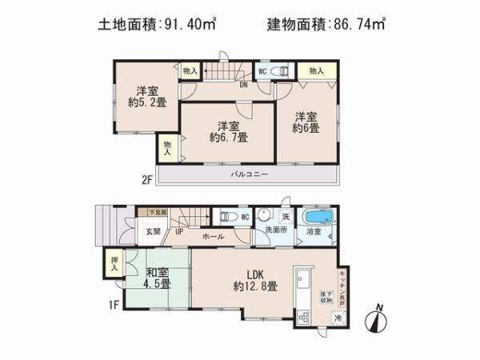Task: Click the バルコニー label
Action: point(250,174)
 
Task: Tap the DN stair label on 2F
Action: point(242,84)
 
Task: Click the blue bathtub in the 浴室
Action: point(316,217)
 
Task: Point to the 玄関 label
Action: point(154,231)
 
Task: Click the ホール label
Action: point(213,238)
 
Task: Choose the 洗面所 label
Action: point(275,232)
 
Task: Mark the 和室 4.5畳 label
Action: point(156,278)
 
